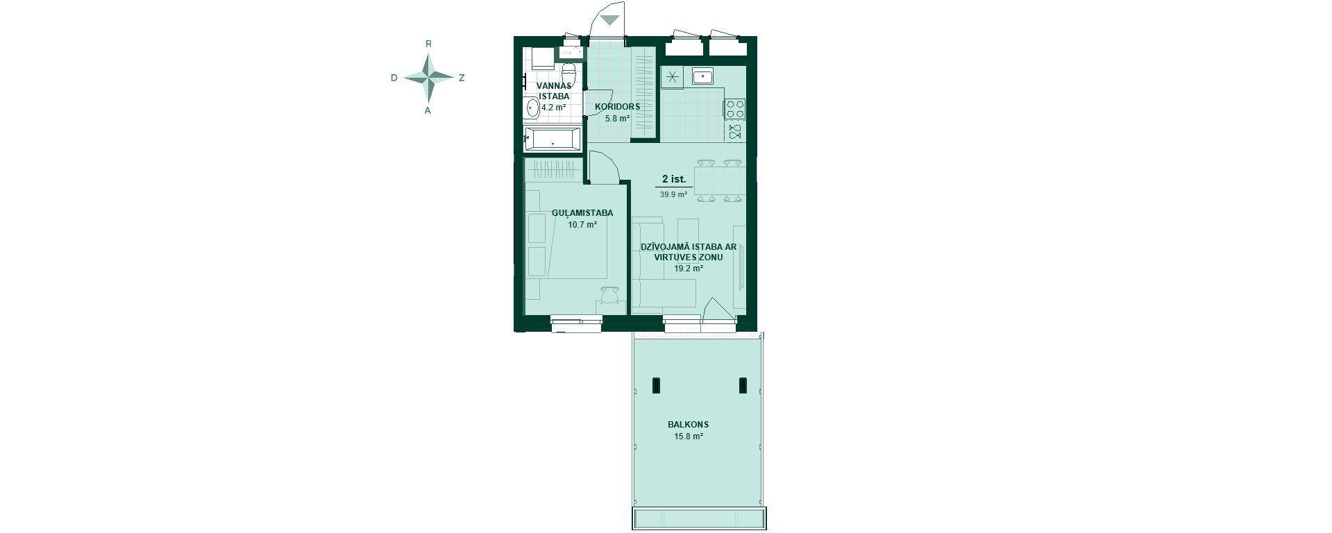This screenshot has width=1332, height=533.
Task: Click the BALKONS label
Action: (x=688, y=425)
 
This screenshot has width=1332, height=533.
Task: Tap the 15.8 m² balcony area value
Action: (x=689, y=437)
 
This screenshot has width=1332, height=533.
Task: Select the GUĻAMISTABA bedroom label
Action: (x=582, y=213)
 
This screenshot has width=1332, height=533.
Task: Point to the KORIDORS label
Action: (x=617, y=107)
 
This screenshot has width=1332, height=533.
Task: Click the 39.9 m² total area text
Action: (x=673, y=195)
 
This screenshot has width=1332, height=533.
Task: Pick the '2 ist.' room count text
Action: (x=673, y=180)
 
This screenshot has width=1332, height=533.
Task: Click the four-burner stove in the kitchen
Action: (x=735, y=109)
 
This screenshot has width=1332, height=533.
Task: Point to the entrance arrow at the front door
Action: (x=609, y=19)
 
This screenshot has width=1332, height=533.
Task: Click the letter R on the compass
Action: (x=429, y=44)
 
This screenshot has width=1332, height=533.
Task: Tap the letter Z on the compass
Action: (x=462, y=78)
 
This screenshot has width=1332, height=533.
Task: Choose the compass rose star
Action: (x=429, y=77)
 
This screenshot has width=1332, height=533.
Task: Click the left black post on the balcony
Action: (x=657, y=385)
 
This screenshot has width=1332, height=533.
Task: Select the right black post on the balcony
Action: (x=743, y=385)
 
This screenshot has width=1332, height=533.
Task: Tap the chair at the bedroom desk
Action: (x=124, y=296)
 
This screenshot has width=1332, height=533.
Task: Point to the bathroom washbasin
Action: (x=532, y=108)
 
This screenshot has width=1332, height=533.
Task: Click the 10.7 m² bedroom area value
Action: (x=582, y=225)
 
